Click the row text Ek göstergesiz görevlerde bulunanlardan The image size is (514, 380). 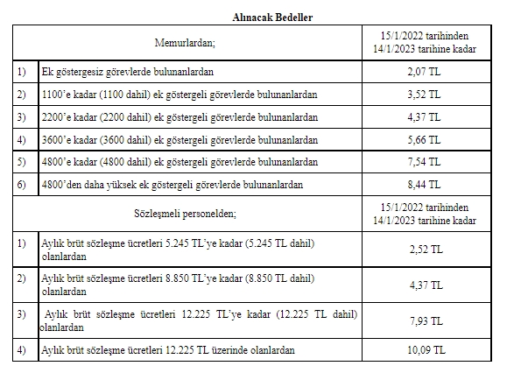click(x=128, y=70)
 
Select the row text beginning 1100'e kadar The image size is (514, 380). click(x=179, y=93)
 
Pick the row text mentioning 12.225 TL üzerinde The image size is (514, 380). click(x=168, y=350)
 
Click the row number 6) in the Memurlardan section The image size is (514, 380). click(x=21, y=185)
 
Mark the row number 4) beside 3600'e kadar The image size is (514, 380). click(x=21, y=138)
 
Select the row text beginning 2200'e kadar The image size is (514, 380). click(x=179, y=116)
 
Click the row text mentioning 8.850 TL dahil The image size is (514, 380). click(x=177, y=284)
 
